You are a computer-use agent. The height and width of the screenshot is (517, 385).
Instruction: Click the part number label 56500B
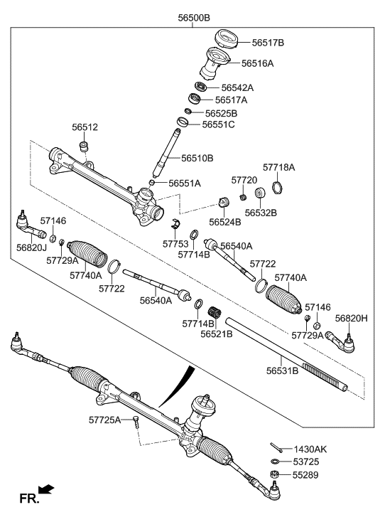point(197,18)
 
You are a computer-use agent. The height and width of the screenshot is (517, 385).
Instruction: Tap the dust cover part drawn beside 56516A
point(217,64)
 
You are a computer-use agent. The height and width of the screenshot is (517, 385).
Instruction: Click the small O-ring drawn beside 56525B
point(188,112)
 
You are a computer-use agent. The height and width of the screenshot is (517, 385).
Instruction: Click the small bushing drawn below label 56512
point(84,146)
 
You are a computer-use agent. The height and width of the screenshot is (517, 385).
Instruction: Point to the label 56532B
point(261,212)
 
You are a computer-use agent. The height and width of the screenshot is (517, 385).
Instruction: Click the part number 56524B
point(225,222)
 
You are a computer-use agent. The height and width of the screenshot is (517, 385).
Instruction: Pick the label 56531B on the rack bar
point(282,370)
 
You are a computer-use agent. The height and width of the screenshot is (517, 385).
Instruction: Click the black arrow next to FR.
point(45,489)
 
